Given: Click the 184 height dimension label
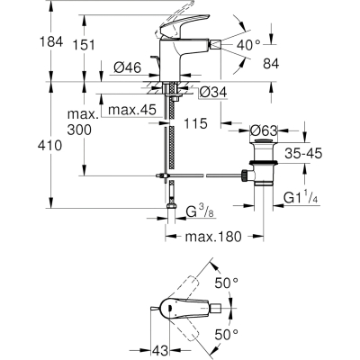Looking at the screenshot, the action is pos(51,41).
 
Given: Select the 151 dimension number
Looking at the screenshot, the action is pos(84,45).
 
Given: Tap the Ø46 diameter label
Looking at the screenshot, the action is pos(127,67).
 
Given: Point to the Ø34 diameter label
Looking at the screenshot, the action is pos(213,93).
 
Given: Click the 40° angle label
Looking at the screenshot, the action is pos(248,45).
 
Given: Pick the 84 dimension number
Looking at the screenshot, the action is pos(271,64).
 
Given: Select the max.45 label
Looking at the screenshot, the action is pos(132,110).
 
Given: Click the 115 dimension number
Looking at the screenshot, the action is pos(195,123).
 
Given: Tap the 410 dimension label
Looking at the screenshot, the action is pos(49,146).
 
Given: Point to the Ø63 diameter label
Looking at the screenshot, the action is pos(264,130).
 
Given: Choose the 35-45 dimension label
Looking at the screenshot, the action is pos(303,154).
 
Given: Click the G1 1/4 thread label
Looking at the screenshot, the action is pos(301,198).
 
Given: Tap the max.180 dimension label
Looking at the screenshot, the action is pos(213,237).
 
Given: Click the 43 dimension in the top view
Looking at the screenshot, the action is pos(160,350).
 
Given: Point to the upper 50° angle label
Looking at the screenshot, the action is pos(227,283).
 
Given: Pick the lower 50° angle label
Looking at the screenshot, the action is pos(227,334).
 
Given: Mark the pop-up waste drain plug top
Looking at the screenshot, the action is pos(264,141).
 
